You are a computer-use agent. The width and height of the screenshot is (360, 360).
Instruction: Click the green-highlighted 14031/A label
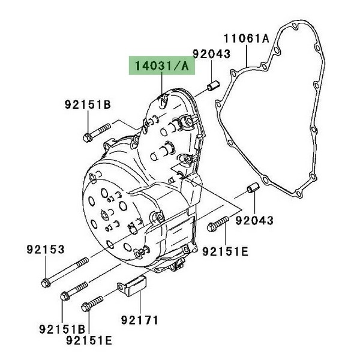tap(161, 65)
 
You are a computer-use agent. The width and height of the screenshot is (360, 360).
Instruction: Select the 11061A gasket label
tap(246, 38)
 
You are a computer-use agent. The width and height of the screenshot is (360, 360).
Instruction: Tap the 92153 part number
tap(46, 250)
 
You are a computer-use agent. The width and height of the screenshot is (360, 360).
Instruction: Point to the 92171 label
tap(140, 320)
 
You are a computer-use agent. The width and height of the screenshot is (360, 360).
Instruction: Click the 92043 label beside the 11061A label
tap(211, 54)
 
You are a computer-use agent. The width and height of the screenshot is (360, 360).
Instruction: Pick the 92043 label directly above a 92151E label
tap(254, 220)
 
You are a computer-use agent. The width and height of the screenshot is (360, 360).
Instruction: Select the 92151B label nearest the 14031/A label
tap(88, 104)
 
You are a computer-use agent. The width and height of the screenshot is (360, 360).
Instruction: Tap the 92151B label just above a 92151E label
tap(62, 329)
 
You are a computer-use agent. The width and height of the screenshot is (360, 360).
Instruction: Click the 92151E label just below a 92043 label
tap(225, 251)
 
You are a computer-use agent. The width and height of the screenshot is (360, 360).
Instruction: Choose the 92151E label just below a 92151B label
tap(89, 340)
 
